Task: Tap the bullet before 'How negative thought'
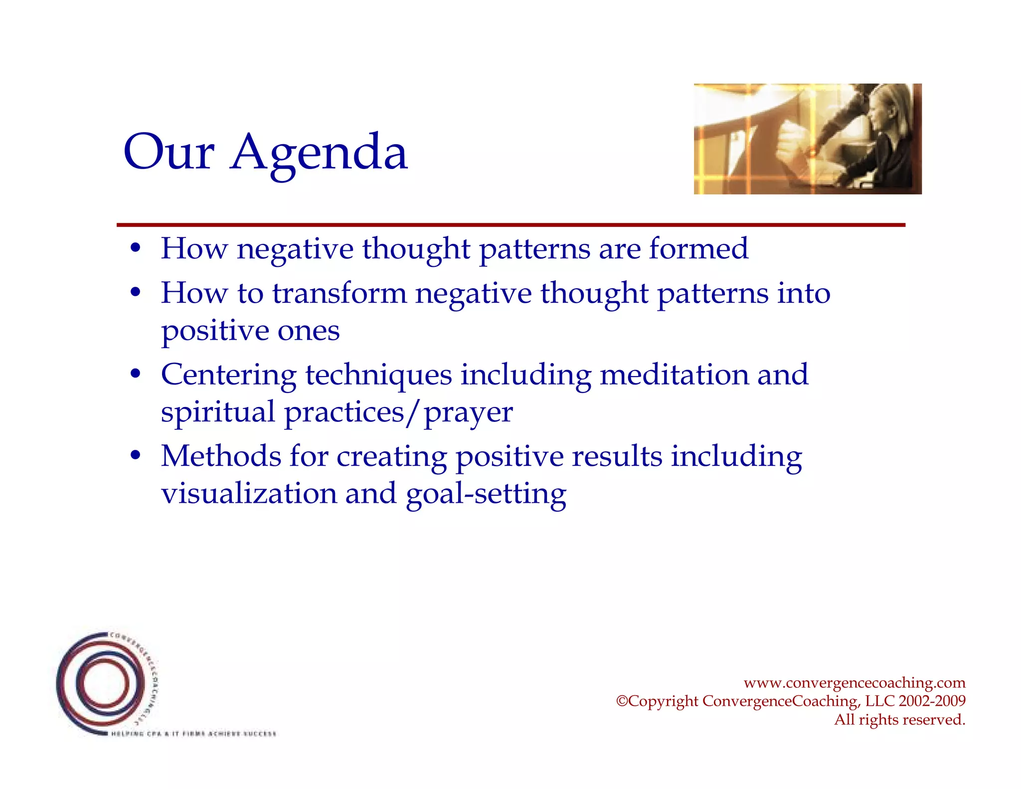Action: point(135,248)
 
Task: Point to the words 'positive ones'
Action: point(250,331)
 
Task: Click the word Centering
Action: point(228,375)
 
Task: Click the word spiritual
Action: point(218,412)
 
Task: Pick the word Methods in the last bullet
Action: point(221,456)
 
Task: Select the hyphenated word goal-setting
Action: point(486,494)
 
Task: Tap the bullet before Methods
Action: point(135,456)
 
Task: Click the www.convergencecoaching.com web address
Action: point(854,682)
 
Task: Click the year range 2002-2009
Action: point(932,701)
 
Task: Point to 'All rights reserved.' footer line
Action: point(899,720)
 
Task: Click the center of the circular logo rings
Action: point(105,683)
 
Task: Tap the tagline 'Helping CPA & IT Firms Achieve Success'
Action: point(193,734)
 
